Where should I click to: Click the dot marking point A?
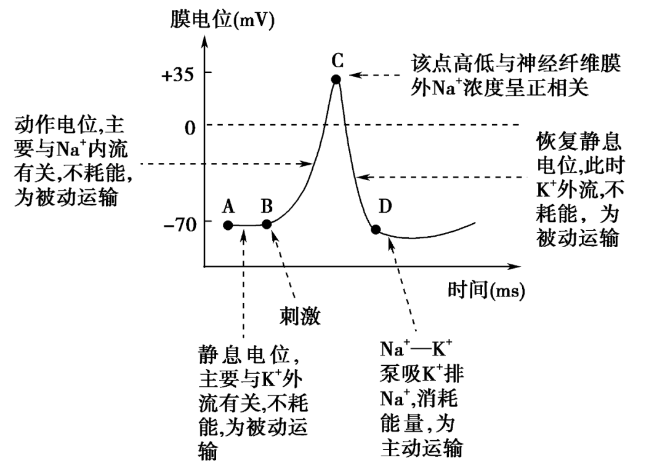click(x=228, y=225)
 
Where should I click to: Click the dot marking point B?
click(x=267, y=224)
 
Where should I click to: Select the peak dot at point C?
click(x=336, y=79)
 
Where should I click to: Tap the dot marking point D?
click(x=376, y=229)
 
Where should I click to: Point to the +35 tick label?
click(x=177, y=75)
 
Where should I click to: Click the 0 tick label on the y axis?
click(x=190, y=127)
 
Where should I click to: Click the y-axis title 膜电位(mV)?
click(x=222, y=20)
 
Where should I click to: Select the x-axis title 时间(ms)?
click(x=486, y=291)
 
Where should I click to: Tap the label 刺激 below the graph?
click(x=299, y=316)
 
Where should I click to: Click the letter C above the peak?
click(x=337, y=61)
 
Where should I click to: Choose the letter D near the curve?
click(x=385, y=207)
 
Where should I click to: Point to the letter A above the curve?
click(x=228, y=207)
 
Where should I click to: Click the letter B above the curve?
click(x=267, y=206)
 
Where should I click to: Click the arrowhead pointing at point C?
click(x=355, y=75)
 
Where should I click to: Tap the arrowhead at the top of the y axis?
click(x=205, y=42)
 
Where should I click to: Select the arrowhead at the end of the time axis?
click(x=514, y=266)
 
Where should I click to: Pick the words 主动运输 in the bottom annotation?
click(x=421, y=448)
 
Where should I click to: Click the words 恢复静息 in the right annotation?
click(x=578, y=141)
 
